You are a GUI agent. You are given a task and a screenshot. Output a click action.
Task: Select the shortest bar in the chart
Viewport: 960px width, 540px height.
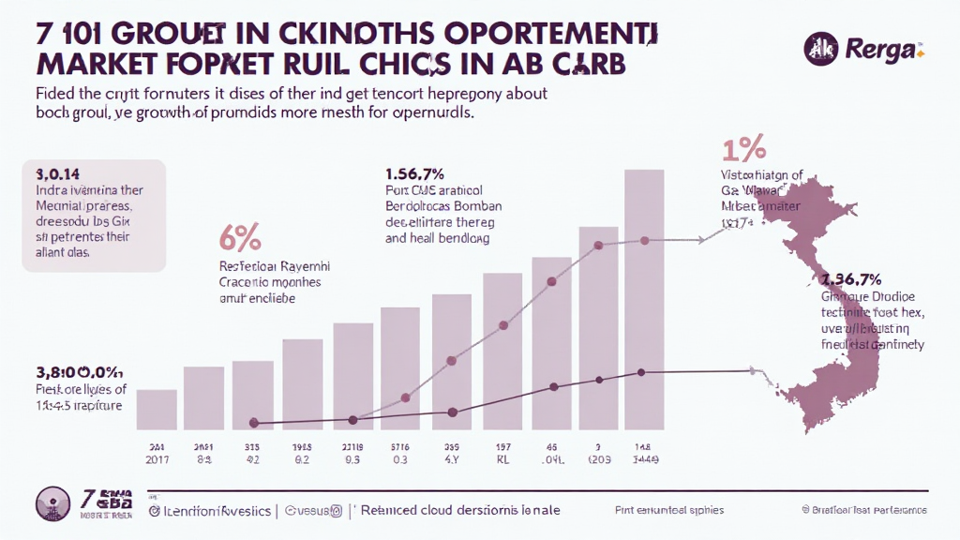tap(157, 409)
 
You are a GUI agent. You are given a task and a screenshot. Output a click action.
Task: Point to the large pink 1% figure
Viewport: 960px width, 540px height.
tap(743, 149)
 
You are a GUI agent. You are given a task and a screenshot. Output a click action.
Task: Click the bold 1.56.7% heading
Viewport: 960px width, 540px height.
tap(413, 173)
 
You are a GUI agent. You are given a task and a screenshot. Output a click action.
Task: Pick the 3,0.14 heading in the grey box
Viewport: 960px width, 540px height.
tap(57, 173)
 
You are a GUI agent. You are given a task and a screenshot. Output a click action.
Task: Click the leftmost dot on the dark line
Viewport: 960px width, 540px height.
tap(253, 423)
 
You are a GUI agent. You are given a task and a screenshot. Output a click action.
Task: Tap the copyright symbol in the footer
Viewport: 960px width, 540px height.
tap(805, 510)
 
